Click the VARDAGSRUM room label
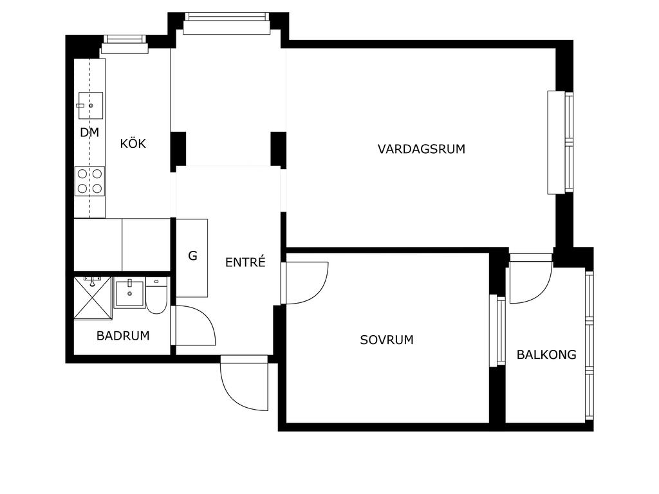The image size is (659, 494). [x=421, y=149]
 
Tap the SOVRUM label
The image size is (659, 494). [x=387, y=340]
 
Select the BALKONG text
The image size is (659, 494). [x=546, y=355]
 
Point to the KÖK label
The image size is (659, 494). [x=133, y=143]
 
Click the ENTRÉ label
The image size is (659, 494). [x=245, y=262]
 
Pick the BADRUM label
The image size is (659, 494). [x=123, y=336]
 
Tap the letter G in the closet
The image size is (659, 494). [x=192, y=256]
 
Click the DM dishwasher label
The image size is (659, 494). [x=89, y=133]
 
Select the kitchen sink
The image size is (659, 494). [x=89, y=105]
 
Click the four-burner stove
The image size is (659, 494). [x=90, y=181]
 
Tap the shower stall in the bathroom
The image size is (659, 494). [x=93, y=298]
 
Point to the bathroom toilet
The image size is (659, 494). [x=156, y=295]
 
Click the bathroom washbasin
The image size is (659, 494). [x=129, y=293]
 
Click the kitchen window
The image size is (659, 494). [x=125, y=44]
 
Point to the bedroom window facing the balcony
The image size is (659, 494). [x=497, y=331]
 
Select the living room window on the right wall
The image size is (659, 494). [x=561, y=142]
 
